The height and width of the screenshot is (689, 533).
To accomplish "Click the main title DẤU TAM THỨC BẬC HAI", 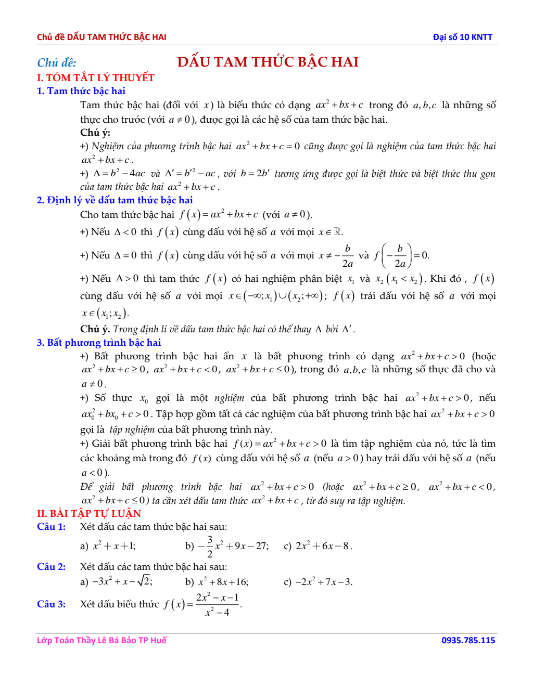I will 268,62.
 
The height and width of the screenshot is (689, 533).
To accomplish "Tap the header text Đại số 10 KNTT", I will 462,37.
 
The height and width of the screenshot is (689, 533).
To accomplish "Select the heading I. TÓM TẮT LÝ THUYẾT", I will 96,77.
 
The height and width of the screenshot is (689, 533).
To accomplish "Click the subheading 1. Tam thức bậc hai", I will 81,91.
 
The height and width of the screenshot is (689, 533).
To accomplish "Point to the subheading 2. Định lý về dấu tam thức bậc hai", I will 115,200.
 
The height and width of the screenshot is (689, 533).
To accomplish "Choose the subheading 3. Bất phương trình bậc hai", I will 99,343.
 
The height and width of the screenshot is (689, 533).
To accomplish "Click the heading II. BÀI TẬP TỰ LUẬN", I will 89,513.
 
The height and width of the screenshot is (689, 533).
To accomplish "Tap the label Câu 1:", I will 51,527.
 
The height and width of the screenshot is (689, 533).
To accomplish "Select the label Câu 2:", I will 51,567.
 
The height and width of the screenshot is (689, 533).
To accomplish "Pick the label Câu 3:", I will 51,604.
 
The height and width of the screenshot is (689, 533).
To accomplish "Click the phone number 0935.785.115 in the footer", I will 468,640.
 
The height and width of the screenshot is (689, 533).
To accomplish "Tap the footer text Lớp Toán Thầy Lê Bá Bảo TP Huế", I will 101,640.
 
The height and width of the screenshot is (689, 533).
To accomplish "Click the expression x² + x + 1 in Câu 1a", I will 114,546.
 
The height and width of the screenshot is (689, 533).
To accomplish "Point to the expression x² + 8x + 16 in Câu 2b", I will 223,582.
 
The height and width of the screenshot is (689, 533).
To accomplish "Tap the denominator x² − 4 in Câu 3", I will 217,613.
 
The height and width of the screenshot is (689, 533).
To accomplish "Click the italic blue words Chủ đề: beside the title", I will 56,63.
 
